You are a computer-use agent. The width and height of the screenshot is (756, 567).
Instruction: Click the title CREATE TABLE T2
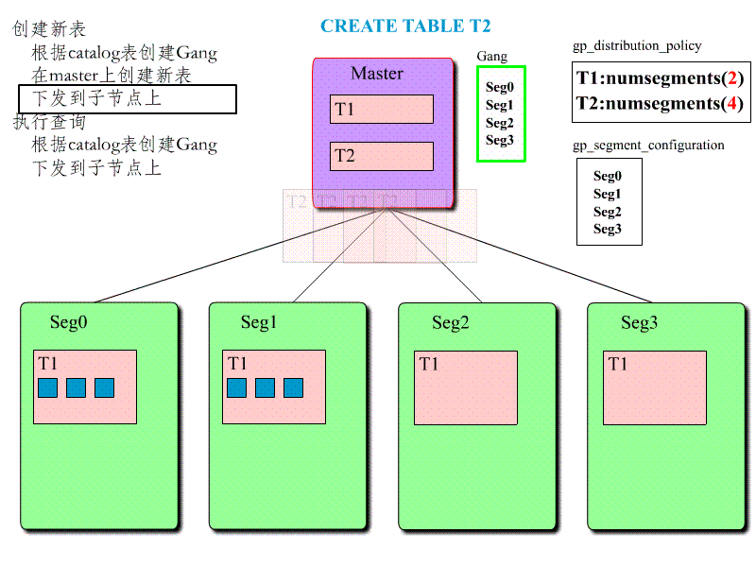405,26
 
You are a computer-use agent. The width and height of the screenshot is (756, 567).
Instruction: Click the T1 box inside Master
381,110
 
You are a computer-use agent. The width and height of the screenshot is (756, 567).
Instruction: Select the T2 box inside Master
381,156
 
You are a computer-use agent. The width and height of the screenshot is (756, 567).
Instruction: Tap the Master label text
376,74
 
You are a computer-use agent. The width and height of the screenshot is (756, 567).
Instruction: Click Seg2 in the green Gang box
499,123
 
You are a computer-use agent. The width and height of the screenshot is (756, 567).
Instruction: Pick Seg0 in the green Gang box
499,87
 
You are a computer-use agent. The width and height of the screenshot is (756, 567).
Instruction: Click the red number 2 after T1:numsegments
734,78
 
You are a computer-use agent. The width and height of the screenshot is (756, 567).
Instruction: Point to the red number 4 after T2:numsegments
734,103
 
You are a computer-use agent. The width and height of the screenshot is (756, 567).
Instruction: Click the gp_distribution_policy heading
637,45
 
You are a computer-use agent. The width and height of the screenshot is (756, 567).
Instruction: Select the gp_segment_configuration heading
648,146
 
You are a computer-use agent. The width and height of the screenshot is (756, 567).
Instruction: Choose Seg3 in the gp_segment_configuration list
608,230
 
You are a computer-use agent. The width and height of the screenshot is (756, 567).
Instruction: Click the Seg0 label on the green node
68,323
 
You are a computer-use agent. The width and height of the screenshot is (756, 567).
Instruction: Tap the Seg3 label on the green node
639,323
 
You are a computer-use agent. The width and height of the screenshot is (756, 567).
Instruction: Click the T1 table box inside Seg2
465,387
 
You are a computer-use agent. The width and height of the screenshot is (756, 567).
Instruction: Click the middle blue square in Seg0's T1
76,387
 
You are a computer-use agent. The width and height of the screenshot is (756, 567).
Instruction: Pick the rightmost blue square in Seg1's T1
293,387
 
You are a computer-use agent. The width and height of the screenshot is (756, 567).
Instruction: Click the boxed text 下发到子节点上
97,99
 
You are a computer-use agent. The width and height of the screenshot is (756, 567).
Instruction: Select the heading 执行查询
49,122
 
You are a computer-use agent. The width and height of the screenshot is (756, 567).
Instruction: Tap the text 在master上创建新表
112,76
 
